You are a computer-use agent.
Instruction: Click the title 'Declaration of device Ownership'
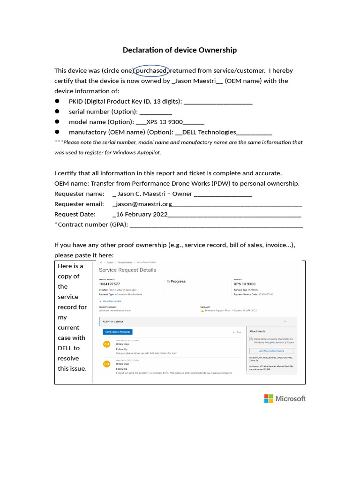[180, 50]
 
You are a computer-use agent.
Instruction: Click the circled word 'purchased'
[151, 71]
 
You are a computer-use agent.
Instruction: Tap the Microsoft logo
[285, 398]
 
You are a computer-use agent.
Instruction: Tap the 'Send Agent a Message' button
[118, 332]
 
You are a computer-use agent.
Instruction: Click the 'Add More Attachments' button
[271, 351]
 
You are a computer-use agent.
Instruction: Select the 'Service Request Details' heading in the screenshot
[127, 270]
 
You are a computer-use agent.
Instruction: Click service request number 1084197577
[110, 284]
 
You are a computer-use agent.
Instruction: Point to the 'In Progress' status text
[176, 282]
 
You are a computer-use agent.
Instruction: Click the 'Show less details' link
[111, 301]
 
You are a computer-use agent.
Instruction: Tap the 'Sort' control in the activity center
[237, 332]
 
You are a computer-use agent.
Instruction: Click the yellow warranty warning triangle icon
[202, 311]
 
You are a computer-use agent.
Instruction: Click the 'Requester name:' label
[79, 194]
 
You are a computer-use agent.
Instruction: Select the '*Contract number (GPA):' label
[91, 225]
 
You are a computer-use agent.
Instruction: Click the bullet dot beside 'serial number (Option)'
[57, 112]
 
